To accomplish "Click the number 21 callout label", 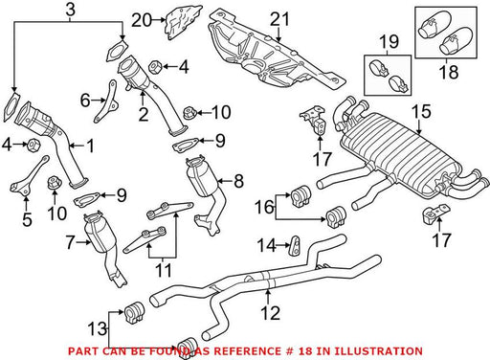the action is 279,19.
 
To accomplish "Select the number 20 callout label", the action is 142,20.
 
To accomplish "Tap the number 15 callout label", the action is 421,112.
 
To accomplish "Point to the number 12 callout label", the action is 271,313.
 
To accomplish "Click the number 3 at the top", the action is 71,10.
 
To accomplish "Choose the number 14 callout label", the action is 266,245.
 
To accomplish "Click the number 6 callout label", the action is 85,101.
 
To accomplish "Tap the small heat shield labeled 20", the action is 183,22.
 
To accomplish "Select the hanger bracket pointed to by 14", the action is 295,246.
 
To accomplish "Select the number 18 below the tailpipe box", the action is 449,72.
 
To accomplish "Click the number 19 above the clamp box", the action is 390,41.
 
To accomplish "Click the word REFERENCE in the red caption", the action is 247,351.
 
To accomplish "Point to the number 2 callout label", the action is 144,114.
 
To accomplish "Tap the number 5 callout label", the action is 27,219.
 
